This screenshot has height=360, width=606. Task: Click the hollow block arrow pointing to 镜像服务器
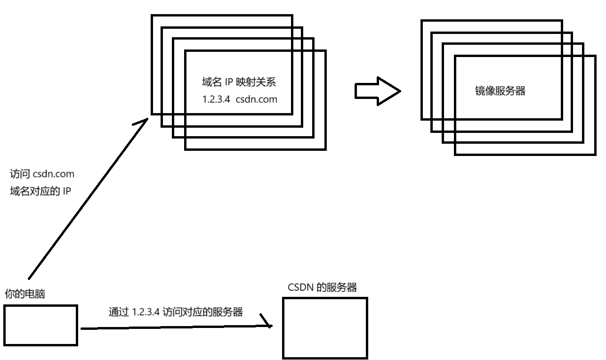(x=377, y=91)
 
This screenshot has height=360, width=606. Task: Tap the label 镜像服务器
(x=500, y=91)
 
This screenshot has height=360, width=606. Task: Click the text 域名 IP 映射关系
(x=238, y=82)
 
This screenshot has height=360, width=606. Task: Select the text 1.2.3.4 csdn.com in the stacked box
(x=239, y=99)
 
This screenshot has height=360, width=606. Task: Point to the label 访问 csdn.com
(x=42, y=174)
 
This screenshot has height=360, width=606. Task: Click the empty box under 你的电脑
(x=40, y=325)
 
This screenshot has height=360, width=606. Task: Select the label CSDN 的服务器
(x=322, y=287)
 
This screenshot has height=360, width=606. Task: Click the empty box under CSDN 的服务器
(x=325, y=328)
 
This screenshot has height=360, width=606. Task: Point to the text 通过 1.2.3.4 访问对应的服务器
(x=175, y=312)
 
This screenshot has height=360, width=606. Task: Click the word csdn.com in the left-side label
(x=54, y=174)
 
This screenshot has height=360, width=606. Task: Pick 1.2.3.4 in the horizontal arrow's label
(x=145, y=312)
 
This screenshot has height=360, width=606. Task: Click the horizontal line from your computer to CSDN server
(x=174, y=327)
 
